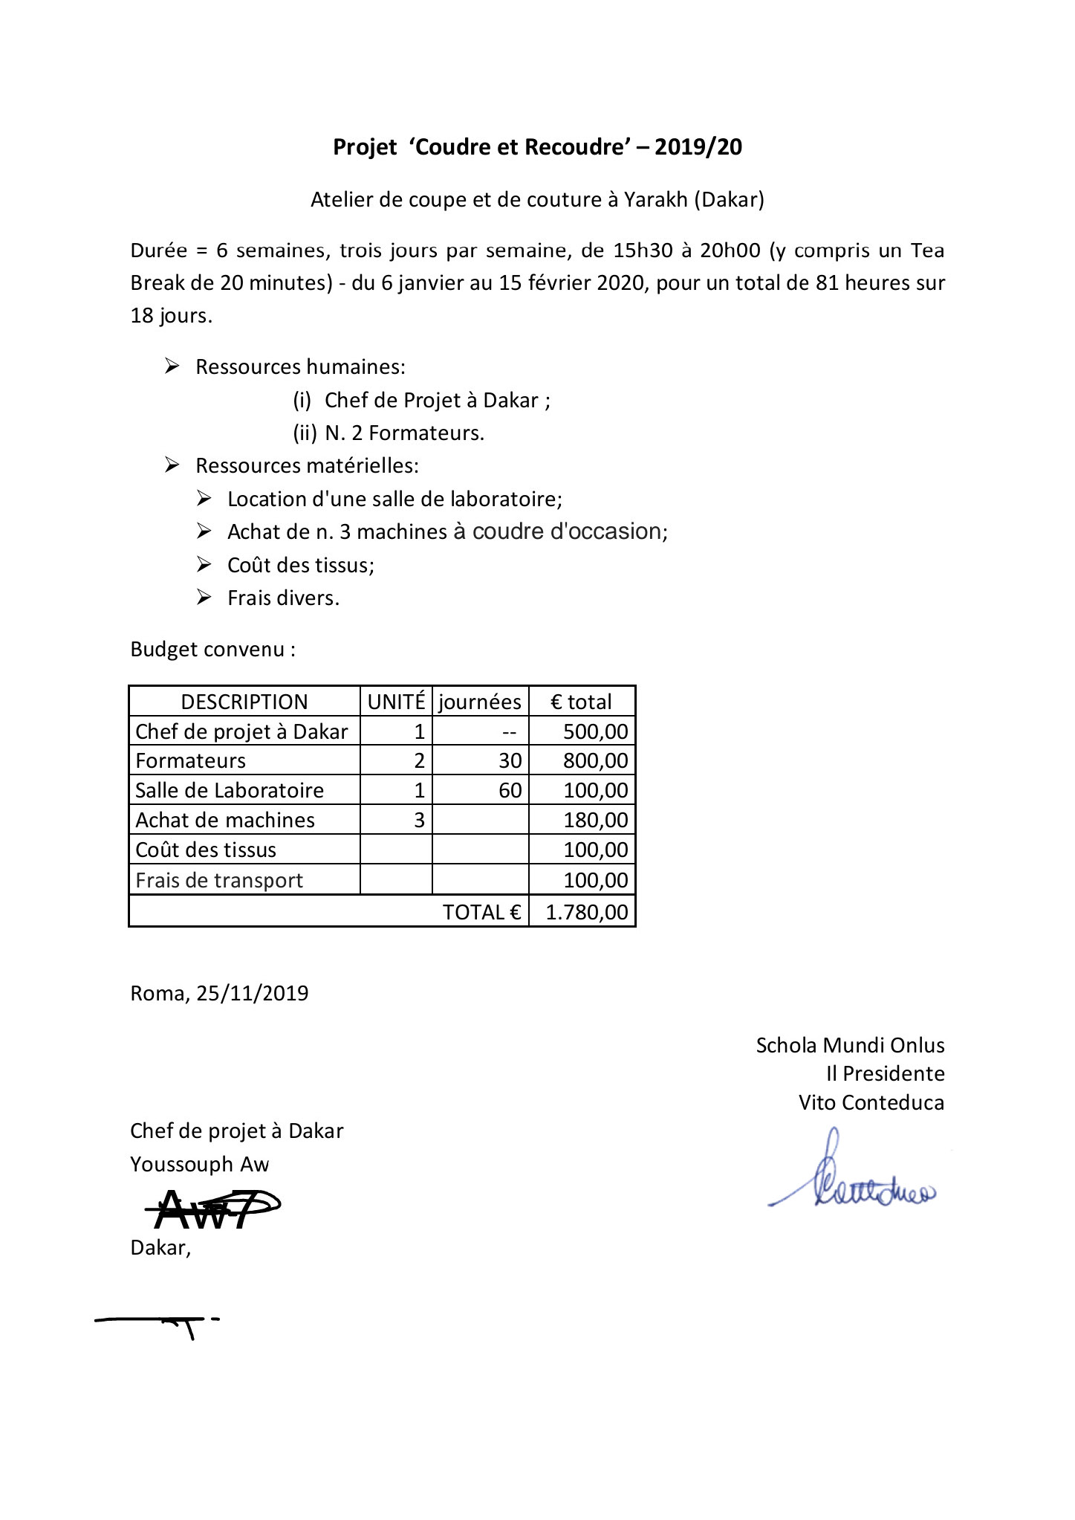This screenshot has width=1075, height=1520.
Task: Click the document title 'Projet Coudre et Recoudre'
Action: coord(537,147)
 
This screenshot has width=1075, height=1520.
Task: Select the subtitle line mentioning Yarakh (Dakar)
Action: coord(537,200)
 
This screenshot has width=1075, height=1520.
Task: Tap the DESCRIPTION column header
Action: coord(244,702)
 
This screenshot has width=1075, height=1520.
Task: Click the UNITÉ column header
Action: coord(396,702)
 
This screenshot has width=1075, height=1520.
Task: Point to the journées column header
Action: coord(480,702)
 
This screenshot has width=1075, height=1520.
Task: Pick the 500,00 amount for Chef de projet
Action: coord(595,731)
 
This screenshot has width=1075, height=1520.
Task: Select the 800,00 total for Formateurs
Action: coord(595,761)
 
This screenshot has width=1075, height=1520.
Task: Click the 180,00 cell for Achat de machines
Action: coord(595,821)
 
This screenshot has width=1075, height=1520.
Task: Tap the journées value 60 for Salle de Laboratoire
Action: coord(510,790)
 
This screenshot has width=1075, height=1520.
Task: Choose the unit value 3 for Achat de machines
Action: coord(419,820)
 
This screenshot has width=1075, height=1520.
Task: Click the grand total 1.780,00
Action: coord(587,912)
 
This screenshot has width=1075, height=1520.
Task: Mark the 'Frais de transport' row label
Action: coord(219,881)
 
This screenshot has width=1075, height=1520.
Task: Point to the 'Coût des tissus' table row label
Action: coord(206,850)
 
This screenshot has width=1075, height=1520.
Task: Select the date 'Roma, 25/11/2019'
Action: coord(219,994)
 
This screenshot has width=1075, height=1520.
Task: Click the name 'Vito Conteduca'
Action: coord(871,1102)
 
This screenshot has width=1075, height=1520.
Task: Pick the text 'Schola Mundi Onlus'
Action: coord(850,1046)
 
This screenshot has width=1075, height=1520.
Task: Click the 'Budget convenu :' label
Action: coord(213,650)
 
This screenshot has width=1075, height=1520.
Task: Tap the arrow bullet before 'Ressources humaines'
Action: coord(172,366)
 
